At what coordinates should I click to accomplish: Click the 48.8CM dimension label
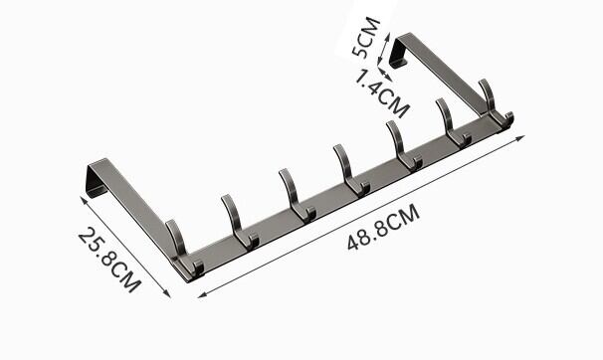pos(383,227)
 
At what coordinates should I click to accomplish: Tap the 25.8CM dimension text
pos(110,260)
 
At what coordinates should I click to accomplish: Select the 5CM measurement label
pos(366,37)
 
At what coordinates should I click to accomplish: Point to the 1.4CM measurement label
pos(381,93)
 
